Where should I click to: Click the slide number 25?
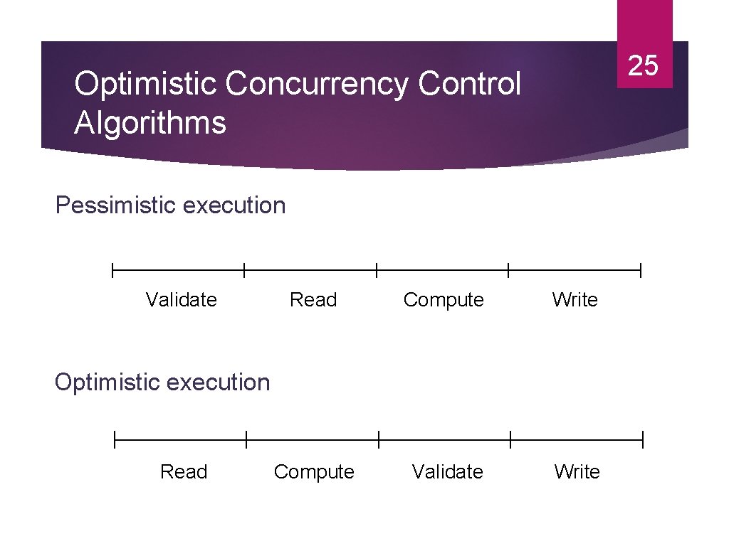click(644, 66)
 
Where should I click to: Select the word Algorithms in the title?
click(150, 122)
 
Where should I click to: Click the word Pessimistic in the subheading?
click(115, 205)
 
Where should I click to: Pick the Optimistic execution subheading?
click(162, 382)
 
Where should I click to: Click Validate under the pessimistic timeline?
click(181, 300)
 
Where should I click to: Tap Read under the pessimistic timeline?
click(313, 300)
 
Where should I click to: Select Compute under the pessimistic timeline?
click(444, 300)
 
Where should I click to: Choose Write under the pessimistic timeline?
click(575, 300)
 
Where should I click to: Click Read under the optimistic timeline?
click(184, 472)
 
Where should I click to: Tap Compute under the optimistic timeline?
click(314, 472)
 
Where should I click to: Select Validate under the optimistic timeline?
click(447, 472)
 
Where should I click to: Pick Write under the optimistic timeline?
click(577, 472)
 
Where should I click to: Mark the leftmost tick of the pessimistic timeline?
click(112, 270)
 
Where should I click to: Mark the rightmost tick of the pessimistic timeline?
click(641, 270)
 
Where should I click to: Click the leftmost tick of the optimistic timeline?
click(115, 441)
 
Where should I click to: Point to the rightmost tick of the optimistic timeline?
click(643, 441)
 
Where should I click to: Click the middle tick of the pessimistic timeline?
click(377, 270)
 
